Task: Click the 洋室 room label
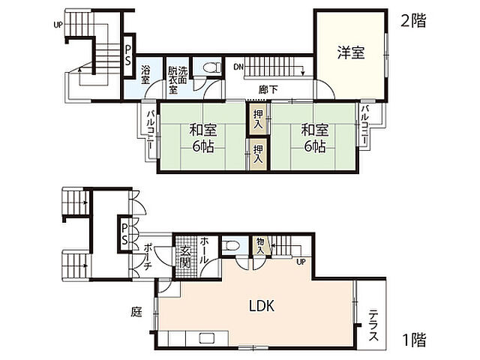pos(350,52)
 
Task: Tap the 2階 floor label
pos(412,21)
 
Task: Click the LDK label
pos(262,306)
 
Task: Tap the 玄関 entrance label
pos(184,258)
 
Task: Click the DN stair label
pos(238,66)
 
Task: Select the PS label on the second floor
pos(128,55)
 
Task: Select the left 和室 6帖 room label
pos(202,136)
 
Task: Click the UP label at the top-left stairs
pos(58,24)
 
